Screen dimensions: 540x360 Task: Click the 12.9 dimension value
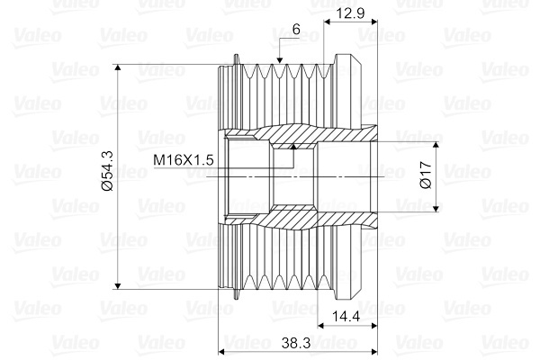click(351, 13)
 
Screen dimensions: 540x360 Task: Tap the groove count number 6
click(296, 30)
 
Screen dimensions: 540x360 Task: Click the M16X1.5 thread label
click(184, 160)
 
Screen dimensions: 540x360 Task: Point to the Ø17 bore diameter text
click(426, 175)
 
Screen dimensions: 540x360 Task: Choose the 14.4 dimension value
click(346, 316)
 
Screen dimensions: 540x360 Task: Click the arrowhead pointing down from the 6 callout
click(279, 60)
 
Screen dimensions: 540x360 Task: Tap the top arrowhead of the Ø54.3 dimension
click(118, 67)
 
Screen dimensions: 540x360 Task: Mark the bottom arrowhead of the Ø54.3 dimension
click(118, 285)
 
